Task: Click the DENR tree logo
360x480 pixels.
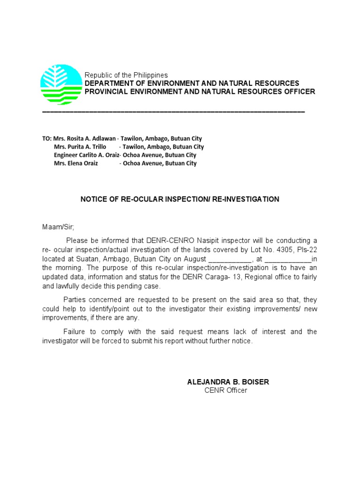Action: [x=60, y=84]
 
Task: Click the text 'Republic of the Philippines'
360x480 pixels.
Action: [x=126, y=75]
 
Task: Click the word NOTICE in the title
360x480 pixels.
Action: [x=94, y=199]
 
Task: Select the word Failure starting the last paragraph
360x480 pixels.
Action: [x=75, y=332]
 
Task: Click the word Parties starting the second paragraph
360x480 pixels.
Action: [x=75, y=300]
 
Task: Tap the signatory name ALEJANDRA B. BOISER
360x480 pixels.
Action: [x=228, y=382]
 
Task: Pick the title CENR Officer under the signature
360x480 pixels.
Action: [x=225, y=390]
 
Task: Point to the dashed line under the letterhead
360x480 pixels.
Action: [x=173, y=112]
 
